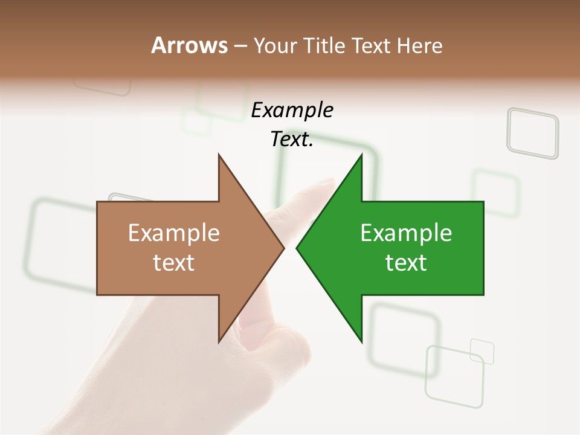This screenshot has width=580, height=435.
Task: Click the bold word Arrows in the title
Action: pos(189,45)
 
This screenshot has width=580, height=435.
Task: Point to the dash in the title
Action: pos(240,46)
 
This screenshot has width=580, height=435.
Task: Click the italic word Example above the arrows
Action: pos(292,111)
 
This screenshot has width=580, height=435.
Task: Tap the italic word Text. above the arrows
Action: pos(292,140)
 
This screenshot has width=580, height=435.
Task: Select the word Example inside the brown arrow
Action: pos(174,233)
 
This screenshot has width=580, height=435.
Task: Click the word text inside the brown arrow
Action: pos(174,263)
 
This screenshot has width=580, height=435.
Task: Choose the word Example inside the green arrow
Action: pos(406,233)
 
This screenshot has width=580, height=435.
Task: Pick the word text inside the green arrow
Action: pos(406,263)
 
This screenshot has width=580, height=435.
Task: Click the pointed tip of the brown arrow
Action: pos(283,248)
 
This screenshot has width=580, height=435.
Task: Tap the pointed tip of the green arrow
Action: pos(297,248)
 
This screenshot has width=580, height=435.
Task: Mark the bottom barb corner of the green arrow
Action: pos(361,341)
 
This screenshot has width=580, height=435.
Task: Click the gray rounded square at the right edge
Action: pos(532,133)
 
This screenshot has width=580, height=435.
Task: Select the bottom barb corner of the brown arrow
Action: pos(219,341)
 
